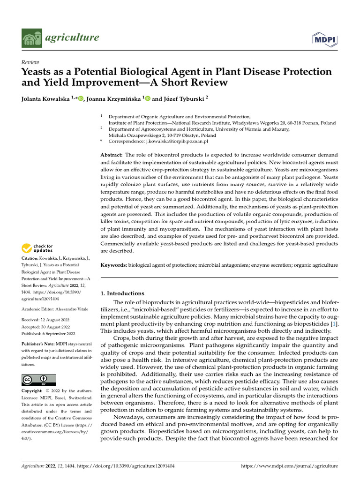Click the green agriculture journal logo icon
[x=31, y=38]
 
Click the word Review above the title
[x=30, y=62]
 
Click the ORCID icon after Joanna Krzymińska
[x=147, y=98]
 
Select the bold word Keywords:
[x=114, y=265]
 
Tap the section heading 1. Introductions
[x=123, y=293]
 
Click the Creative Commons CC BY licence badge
[x=38, y=380]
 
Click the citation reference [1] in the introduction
[x=334, y=325]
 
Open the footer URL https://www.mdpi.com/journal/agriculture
[x=289, y=466]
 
